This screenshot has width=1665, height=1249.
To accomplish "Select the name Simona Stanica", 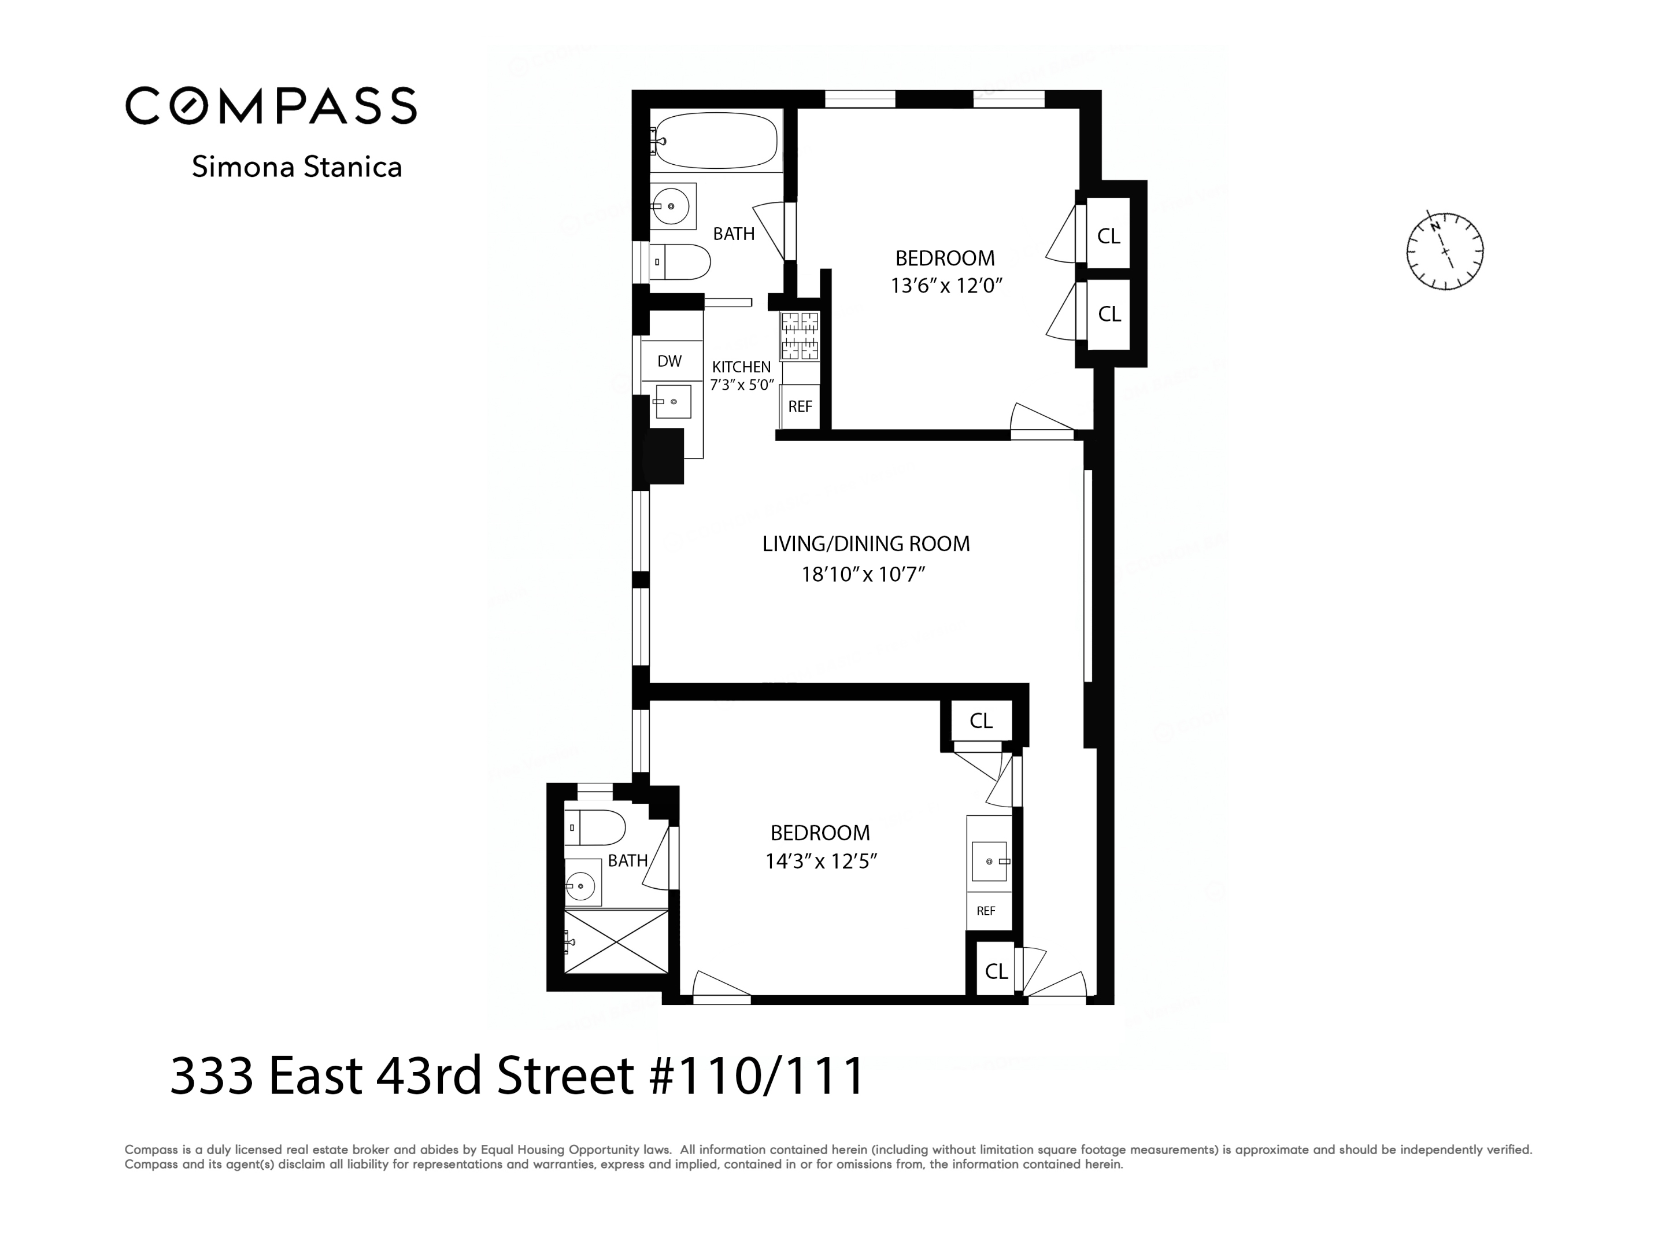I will pos(297,167).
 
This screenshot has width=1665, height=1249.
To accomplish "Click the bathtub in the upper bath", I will pos(715,141).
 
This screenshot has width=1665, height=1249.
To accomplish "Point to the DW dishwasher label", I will pos(669,361).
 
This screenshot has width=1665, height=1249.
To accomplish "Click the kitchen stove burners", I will pos(800,336).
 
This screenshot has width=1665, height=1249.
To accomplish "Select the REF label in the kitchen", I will pos(800,407).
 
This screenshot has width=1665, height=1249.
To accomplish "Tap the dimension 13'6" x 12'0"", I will pos(946,286).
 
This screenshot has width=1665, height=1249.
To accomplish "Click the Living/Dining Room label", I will pos(865,544).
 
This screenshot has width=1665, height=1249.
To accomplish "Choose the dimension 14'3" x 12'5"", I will pos(821,861).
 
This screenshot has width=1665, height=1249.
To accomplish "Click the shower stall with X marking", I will pos(616,942).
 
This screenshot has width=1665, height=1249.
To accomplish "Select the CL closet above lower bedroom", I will pos(980,721).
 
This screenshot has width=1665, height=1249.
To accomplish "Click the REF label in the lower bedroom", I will pos(986,911).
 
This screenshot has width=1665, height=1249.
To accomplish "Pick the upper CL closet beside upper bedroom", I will pos(1108,237).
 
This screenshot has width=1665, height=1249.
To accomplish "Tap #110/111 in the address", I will pos(756,1076).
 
